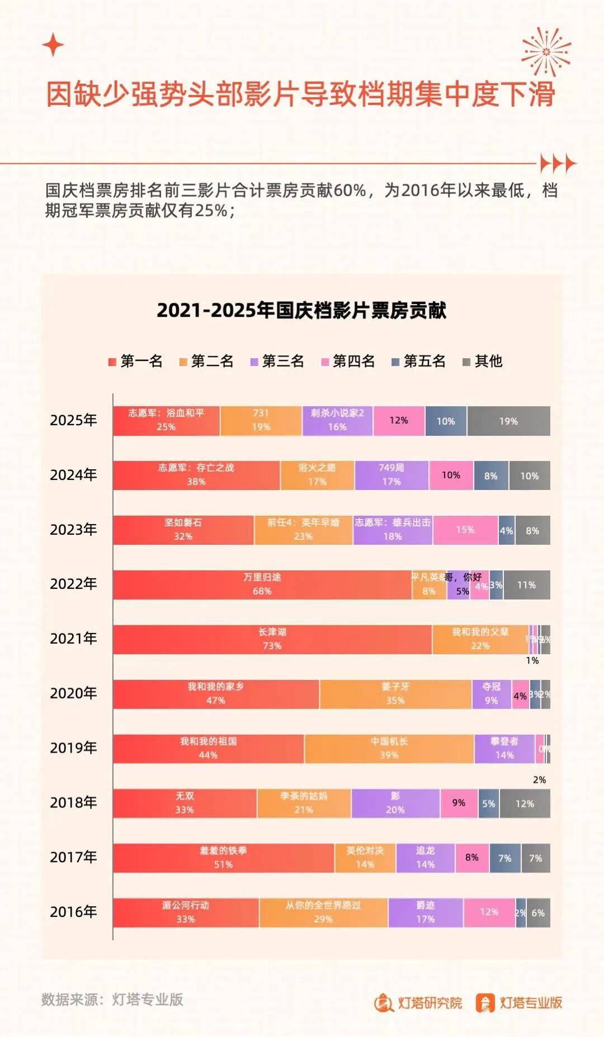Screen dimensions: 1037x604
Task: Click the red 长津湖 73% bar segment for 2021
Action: [272, 639]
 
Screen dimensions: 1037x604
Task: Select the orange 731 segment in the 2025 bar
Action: [261, 421]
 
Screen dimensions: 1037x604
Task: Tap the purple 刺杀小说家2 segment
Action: [337, 421]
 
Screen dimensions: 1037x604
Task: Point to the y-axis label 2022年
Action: [73, 584]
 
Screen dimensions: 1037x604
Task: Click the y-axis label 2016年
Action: [73, 912]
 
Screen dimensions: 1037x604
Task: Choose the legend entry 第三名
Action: [277, 361]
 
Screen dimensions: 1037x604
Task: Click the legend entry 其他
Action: [483, 361]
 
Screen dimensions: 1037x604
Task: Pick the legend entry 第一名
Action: [135, 361]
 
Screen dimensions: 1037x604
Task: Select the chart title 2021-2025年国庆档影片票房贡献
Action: [301, 311]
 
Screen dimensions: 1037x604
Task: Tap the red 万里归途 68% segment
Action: [262, 584]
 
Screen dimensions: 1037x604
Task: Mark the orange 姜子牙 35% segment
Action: [395, 694]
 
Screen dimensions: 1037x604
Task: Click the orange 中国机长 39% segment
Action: [389, 749]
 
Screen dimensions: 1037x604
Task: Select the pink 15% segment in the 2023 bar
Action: [465, 530]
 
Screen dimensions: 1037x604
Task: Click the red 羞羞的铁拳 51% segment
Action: [223, 858]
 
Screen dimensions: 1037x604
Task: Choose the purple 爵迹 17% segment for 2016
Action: [426, 912]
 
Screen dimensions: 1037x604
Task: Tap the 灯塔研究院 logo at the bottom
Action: [418, 1003]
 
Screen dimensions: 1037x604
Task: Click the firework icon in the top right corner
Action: [546, 51]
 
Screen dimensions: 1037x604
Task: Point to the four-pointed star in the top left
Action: [53, 45]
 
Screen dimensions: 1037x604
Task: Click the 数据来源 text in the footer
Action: [112, 1000]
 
